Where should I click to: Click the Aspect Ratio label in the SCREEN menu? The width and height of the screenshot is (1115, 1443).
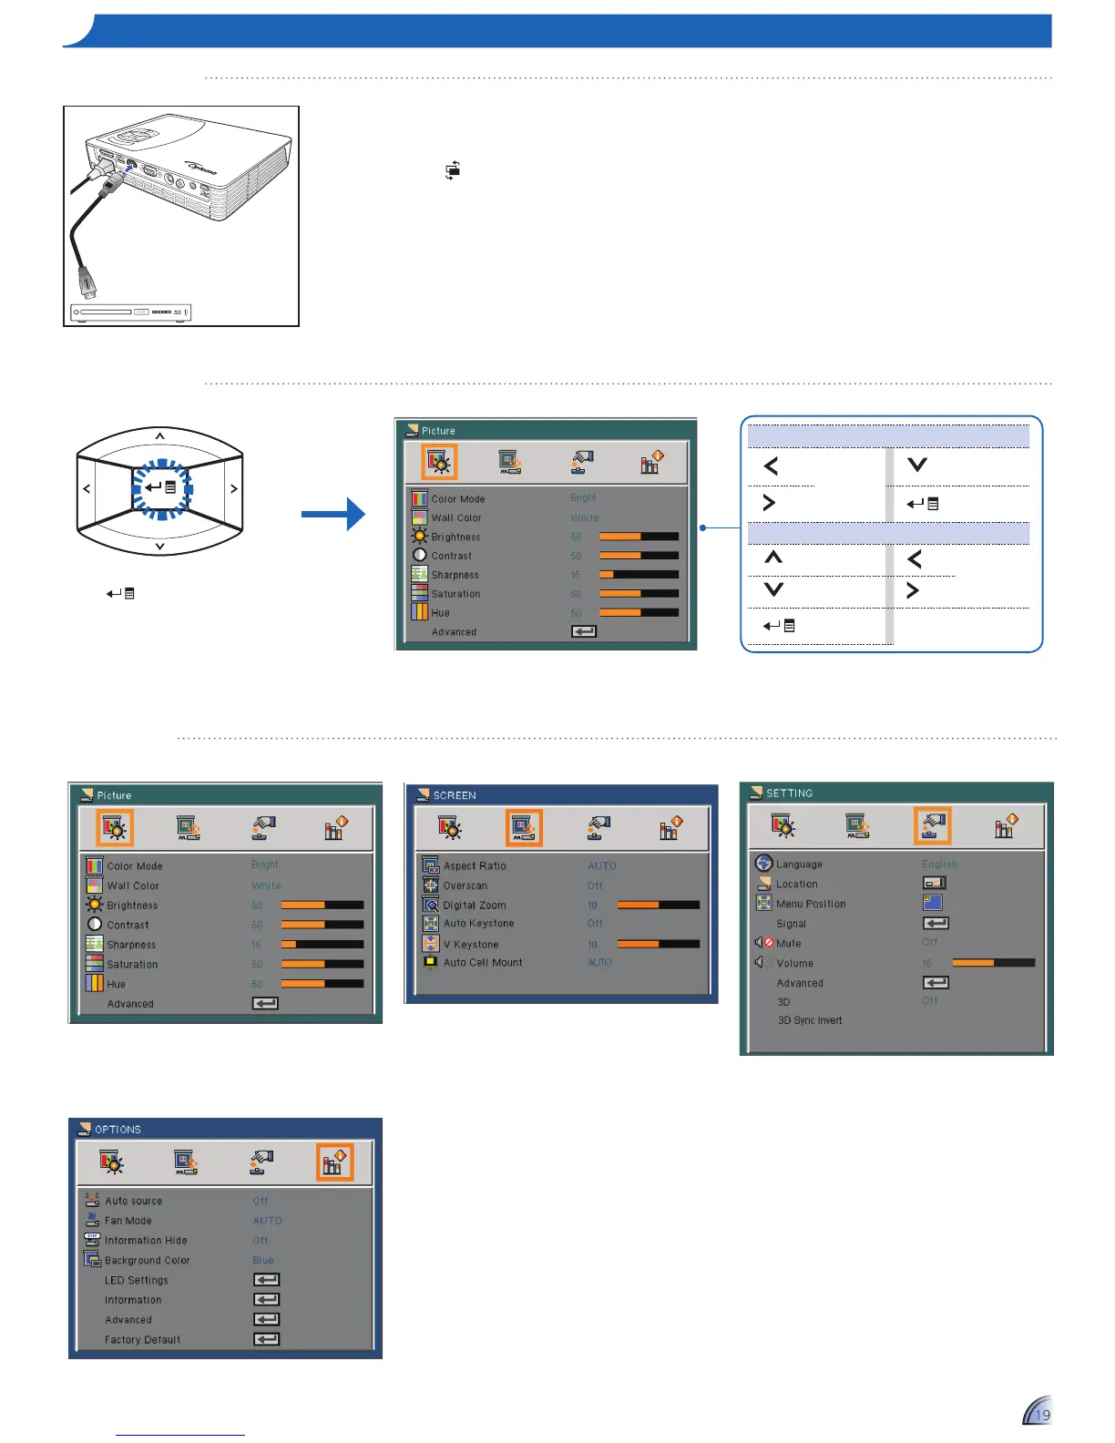[x=475, y=865]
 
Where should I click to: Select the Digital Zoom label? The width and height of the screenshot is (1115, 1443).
[x=475, y=905]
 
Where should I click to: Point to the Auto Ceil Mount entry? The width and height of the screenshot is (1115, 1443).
[x=483, y=963]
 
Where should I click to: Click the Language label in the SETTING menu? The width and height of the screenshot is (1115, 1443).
[x=799, y=865]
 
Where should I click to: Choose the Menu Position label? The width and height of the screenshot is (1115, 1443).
[x=811, y=904]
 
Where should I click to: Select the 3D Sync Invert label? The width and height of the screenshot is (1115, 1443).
[x=810, y=1020]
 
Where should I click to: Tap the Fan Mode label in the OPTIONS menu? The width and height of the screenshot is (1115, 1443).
[x=128, y=1221]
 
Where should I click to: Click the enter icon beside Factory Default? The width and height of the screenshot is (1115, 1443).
[x=266, y=1339]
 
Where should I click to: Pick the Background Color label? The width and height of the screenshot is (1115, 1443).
[x=148, y=1261]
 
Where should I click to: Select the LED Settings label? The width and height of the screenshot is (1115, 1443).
[x=137, y=1280]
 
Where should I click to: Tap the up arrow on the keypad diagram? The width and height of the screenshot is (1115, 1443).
[x=159, y=436]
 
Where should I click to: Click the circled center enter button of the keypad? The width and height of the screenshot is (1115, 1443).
[x=160, y=488]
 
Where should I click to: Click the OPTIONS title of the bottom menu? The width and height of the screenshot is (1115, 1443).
[x=118, y=1130]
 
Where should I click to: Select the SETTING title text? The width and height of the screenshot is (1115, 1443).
[x=790, y=793]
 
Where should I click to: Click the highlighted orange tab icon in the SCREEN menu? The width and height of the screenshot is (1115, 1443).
[x=524, y=827]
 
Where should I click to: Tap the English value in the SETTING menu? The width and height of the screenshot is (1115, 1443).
[x=939, y=865]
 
